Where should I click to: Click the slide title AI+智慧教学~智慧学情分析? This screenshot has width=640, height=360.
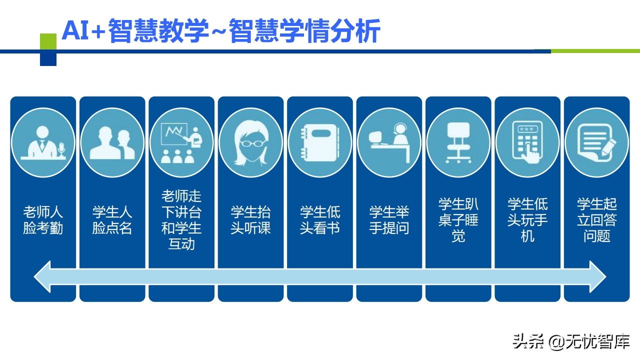tap(220, 31)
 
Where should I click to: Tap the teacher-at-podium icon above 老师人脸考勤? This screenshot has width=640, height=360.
tap(43, 142)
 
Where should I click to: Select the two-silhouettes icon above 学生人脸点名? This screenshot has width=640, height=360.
tap(112, 142)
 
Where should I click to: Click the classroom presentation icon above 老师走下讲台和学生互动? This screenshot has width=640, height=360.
tap(181, 142)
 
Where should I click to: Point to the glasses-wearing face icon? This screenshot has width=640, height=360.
tap(250, 142)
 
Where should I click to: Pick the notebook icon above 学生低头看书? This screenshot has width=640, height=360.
tap(320, 142)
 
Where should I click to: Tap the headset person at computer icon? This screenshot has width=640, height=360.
tap(389, 142)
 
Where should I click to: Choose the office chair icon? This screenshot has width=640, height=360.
tap(458, 142)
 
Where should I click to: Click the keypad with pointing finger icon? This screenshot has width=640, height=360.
tap(527, 142)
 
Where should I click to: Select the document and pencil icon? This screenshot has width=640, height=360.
tap(596, 142)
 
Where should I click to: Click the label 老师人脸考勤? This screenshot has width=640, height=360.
tap(43, 220)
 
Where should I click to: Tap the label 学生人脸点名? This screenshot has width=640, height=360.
tap(112, 220)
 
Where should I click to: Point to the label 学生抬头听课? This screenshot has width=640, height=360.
tap(250, 220)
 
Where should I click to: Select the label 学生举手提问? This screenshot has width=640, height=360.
tap(389, 220)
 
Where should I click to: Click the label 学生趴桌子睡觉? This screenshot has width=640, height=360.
tap(458, 220)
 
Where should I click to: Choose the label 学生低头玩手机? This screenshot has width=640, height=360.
tap(527, 220)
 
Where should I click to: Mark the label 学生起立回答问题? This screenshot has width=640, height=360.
tap(596, 220)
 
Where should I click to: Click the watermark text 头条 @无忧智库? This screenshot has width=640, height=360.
tap(570, 342)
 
